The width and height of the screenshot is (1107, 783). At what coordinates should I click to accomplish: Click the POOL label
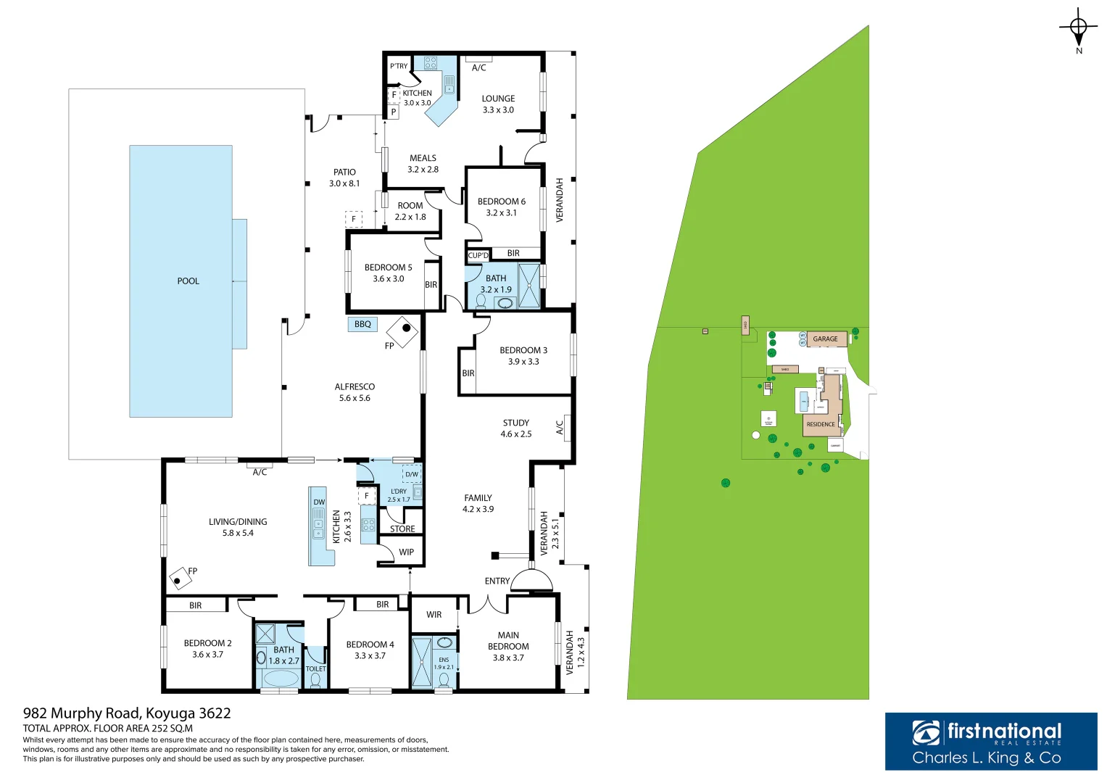188,281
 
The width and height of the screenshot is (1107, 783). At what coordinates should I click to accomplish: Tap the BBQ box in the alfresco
362,324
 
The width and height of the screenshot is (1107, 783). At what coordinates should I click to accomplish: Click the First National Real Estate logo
990,741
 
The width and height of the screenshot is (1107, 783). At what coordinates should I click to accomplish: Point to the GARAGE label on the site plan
825,339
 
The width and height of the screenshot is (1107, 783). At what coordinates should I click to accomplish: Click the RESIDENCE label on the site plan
821,424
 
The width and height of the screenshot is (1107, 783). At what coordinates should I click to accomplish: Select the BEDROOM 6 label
501,202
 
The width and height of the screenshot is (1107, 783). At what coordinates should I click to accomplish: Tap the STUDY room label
515,423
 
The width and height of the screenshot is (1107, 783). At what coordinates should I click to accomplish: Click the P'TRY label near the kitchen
399,66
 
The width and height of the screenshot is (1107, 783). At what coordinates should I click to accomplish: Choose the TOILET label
315,669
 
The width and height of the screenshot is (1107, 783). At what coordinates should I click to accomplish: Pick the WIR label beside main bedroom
434,615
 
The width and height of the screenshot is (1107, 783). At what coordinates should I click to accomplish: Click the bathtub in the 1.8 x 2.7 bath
280,679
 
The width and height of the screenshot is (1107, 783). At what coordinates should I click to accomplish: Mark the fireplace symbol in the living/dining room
178,579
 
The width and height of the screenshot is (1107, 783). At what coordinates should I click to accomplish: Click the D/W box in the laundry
411,474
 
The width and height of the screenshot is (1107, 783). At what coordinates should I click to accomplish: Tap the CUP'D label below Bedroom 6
478,255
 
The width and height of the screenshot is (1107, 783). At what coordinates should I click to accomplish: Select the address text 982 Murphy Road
127,713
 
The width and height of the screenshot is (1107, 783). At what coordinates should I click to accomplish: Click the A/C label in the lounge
478,68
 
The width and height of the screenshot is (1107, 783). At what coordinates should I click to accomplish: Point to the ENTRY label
497,581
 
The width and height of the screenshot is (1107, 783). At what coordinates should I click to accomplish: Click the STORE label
402,529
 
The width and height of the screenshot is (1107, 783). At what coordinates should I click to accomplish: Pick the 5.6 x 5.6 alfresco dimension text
355,398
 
